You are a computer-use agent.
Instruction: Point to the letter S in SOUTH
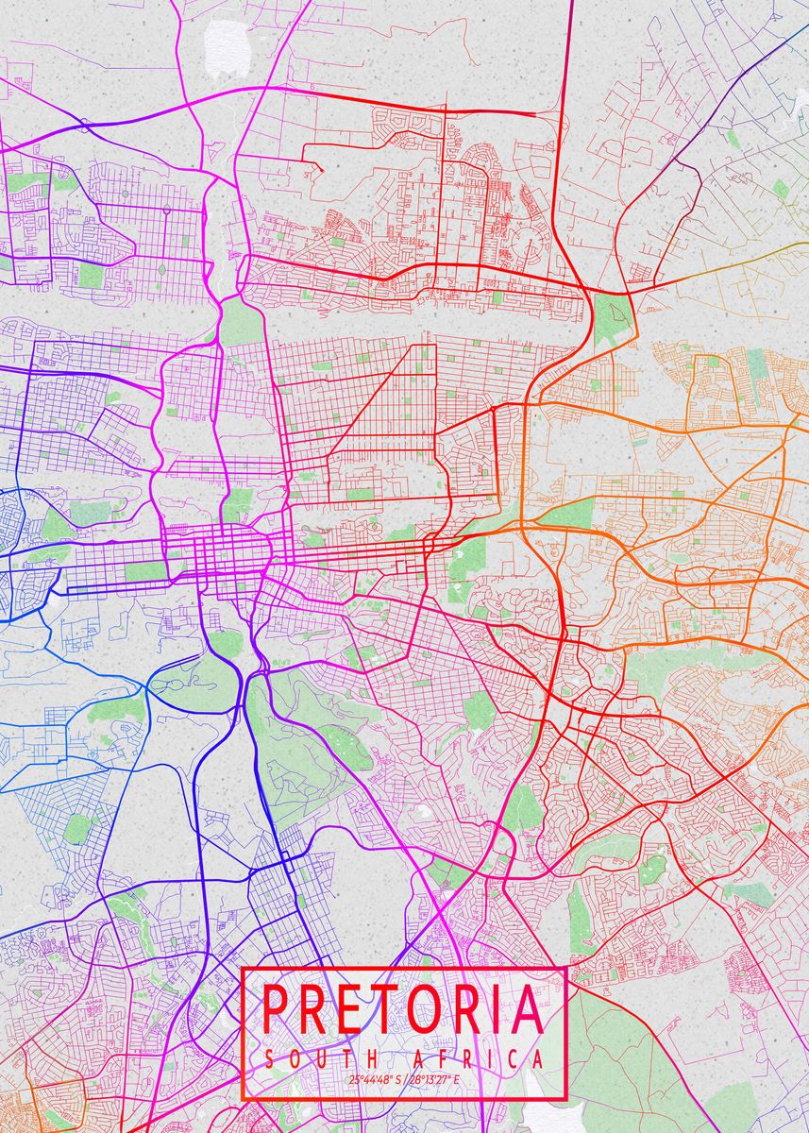[270, 1058]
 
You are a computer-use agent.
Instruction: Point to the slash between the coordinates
[402, 1079]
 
